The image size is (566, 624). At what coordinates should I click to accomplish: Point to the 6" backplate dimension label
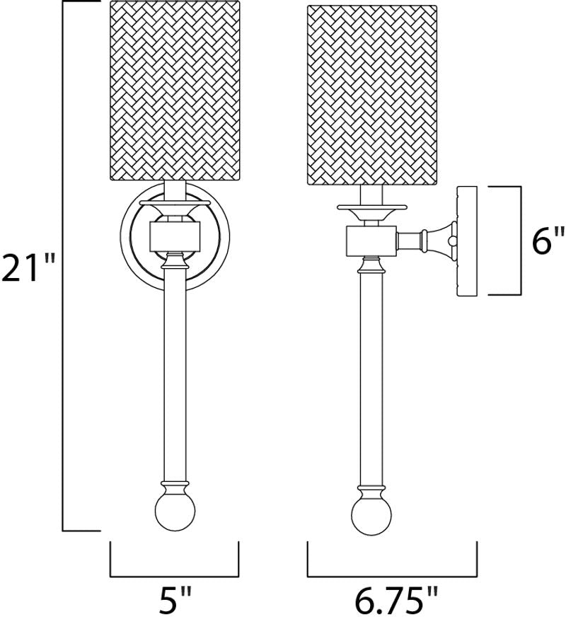548,240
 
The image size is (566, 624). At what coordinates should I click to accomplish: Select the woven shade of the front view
175,91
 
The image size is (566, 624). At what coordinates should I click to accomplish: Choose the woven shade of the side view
372,96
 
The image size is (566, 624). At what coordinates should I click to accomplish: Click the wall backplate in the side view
467,241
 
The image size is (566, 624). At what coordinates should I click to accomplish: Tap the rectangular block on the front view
175,237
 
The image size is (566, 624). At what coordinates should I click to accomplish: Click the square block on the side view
371,241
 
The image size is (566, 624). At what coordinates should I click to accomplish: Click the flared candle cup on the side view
371,213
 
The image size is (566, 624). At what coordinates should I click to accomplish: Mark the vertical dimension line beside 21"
63,265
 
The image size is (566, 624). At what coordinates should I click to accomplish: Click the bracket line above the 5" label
174,576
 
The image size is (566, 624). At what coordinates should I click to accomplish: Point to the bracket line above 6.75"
392,576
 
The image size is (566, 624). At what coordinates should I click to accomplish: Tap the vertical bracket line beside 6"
521,241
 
